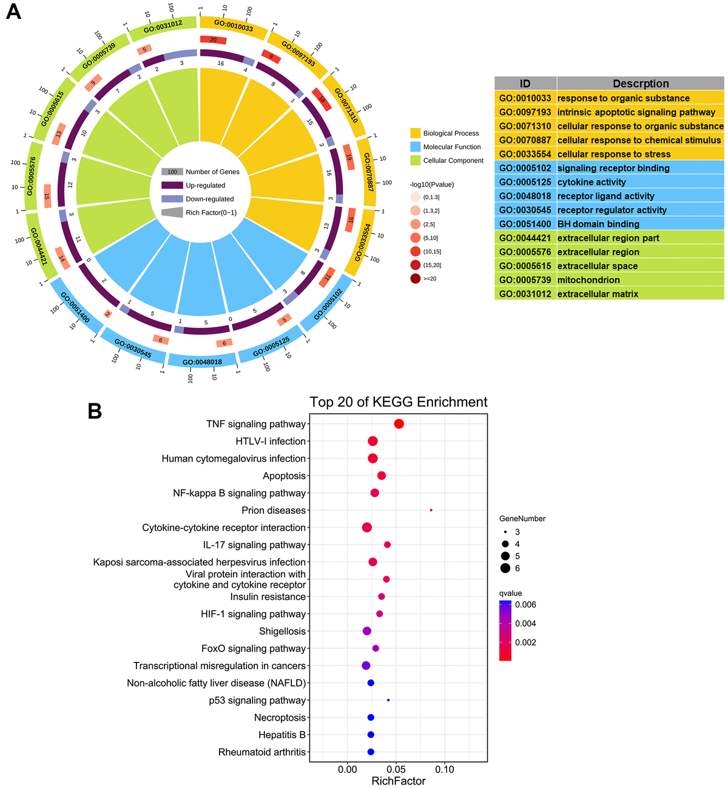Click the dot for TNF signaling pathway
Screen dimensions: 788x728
tap(399, 424)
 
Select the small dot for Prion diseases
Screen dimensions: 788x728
tap(431, 510)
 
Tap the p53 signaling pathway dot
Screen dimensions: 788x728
tap(388, 700)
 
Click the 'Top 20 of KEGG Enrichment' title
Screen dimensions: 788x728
tap(399, 402)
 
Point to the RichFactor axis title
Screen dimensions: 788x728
tap(399, 781)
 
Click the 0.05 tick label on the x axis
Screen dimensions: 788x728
tap(396, 769)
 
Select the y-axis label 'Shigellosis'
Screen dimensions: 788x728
tap(282, 631)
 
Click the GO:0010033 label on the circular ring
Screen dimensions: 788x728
tap(234, 26)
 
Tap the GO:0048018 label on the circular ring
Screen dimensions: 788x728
tap(202, 362)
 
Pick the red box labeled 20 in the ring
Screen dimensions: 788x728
tap(213, 40)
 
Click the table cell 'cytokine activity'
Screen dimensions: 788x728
tap(591, 182)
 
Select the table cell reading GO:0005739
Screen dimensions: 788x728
tap(525, 280)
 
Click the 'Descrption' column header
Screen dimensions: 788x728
tap(640, 84)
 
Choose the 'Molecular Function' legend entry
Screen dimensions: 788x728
tap(452, 147)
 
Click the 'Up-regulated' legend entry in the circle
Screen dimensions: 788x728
tap(205, 186)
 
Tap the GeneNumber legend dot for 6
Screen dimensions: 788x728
tap(505, 568)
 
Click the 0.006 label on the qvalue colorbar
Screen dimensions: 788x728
tap(525, 605)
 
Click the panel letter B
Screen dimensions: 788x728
tap(95, 411)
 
